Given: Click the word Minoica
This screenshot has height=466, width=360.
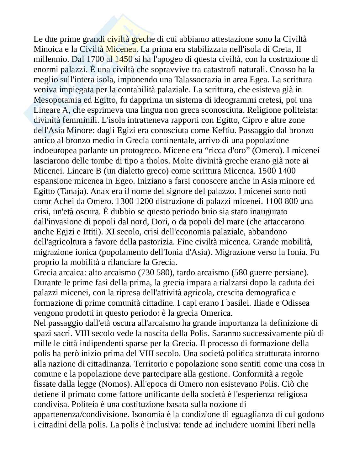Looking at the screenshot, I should [46, 49].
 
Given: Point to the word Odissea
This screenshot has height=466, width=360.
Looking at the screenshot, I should [296, 303].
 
